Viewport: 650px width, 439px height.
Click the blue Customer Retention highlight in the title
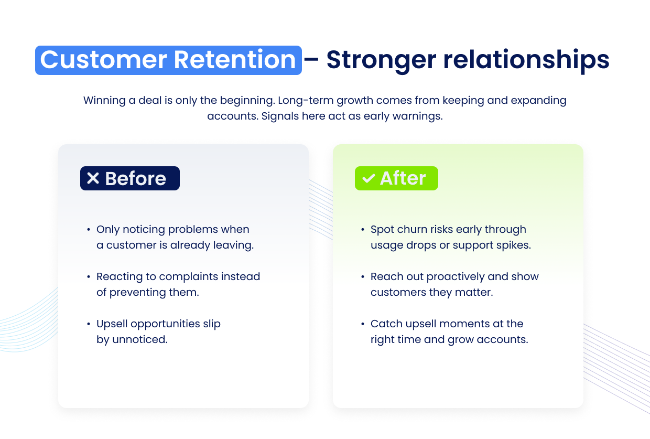(168, 60)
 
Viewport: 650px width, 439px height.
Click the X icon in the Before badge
(93, 178)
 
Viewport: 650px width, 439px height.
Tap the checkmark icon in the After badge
(369, 179)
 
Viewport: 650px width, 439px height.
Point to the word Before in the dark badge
(136, 179)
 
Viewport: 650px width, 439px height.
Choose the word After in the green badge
(403, 178)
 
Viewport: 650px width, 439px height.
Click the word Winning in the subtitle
(104, 100)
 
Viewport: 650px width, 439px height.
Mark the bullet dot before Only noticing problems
(89, 230)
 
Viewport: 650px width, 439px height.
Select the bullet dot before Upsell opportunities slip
(89, 324)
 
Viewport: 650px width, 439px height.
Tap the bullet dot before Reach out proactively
(363, 277)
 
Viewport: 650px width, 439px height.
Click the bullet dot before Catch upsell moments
(363, 324)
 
